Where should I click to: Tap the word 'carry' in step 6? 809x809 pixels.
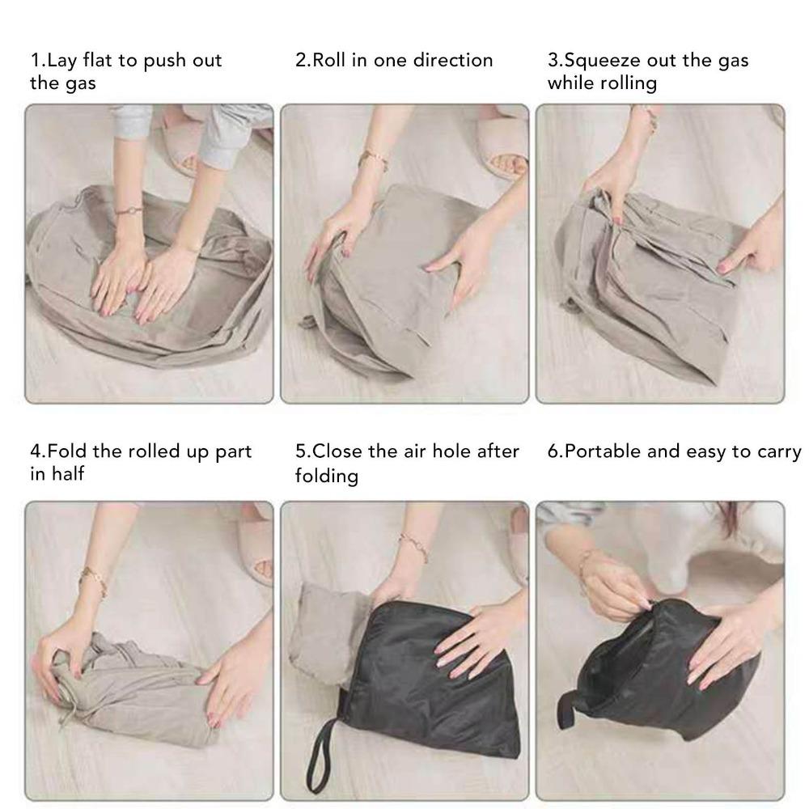776,451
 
